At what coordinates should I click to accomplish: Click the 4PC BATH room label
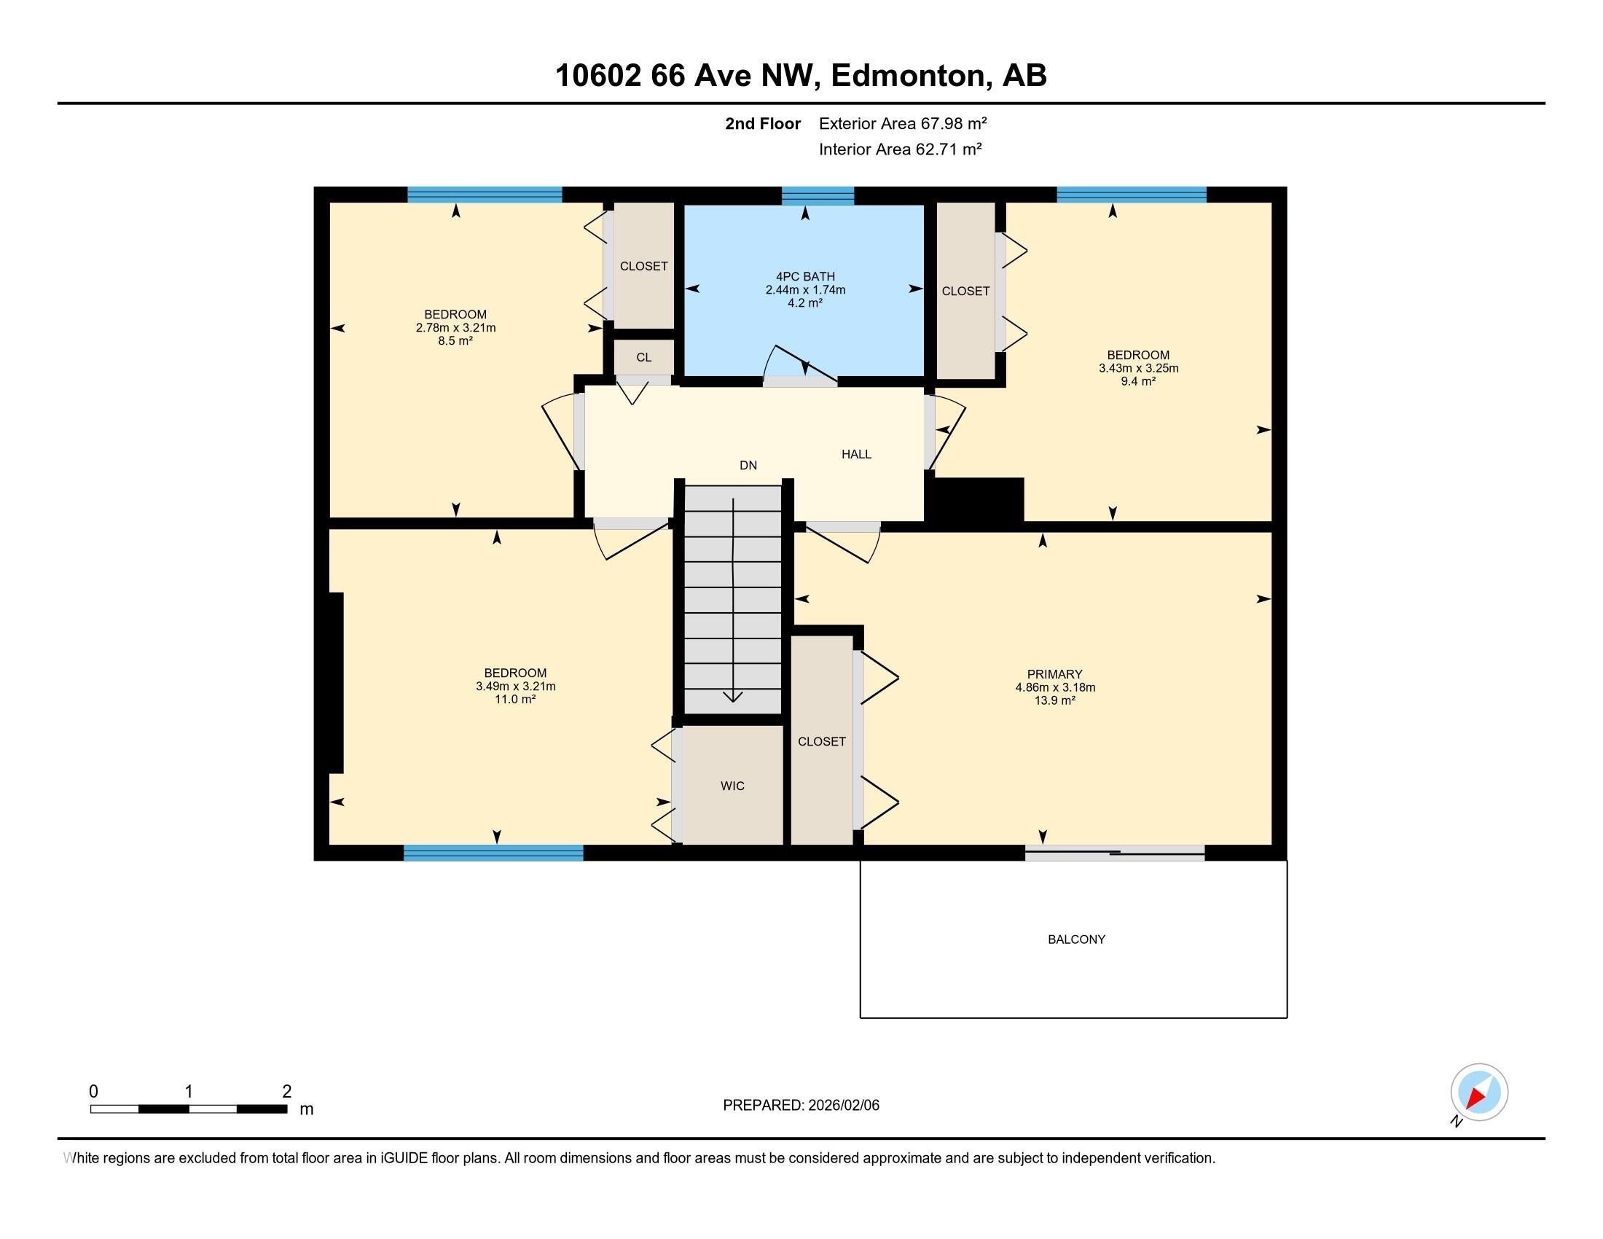805,277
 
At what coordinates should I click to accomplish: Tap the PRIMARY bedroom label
1055,675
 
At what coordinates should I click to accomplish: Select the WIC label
732,786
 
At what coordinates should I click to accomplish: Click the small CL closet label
643,357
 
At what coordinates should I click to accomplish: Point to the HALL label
857,454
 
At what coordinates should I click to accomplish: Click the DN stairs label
748,466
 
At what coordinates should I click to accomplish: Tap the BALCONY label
1076,939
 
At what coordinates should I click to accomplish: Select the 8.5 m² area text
455,340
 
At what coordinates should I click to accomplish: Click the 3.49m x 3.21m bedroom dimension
515,687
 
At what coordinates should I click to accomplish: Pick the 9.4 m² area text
1137,381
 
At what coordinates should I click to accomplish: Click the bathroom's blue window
818,195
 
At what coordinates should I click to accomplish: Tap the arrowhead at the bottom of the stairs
732,696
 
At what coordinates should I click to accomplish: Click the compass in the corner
1478,1093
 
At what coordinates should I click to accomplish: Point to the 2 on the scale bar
287,1092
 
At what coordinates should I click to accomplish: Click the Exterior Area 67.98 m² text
903,123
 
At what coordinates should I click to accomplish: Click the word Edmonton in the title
907,75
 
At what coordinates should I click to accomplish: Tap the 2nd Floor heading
763,123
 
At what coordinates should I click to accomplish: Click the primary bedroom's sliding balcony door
1114,852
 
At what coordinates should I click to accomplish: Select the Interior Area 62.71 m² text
900,149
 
